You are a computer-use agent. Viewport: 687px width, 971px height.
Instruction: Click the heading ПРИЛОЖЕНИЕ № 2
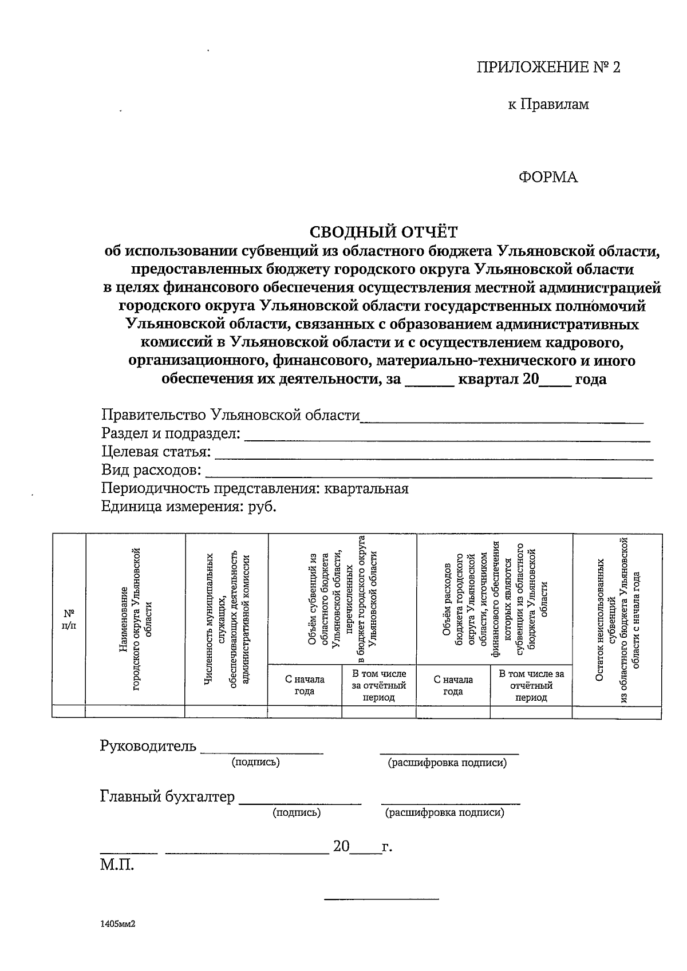point(548,68)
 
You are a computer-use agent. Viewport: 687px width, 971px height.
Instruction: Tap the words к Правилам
point(548,104)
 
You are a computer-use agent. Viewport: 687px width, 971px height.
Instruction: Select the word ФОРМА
point(548,177)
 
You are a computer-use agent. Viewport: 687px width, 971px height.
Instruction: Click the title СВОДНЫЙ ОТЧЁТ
point(384,232)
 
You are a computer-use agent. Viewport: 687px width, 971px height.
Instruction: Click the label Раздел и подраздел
point(171,433)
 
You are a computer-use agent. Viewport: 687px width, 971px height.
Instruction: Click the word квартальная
point(366,488)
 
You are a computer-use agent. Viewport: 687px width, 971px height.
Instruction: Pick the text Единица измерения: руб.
point(189,507)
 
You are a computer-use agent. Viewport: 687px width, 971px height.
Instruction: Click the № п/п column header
point(69,619)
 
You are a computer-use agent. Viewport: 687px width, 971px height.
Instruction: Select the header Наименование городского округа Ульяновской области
point(135,619)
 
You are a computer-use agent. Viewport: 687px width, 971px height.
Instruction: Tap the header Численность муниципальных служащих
point(227,619)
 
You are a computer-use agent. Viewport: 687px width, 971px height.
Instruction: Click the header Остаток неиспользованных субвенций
point(617,619)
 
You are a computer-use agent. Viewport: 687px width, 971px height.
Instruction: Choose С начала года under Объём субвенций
point(305,685)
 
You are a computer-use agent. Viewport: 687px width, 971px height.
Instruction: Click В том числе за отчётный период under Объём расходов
point(531,685)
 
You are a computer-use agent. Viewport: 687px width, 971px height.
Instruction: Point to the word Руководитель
point(148,746)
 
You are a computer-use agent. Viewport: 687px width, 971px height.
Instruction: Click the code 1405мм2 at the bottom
point(119,923)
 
